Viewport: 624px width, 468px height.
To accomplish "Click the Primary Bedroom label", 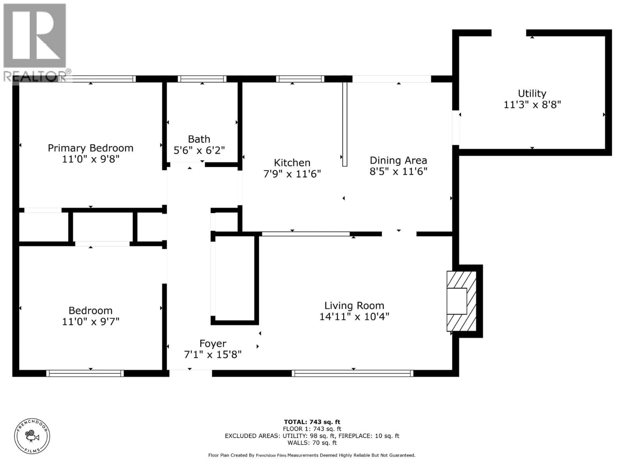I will (x=90, y=148).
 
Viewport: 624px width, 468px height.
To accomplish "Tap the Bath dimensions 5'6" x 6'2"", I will (x=199, y=150).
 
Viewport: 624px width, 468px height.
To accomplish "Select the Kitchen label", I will (x=292, y=163).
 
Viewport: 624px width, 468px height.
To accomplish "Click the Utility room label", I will (x=532, y=93).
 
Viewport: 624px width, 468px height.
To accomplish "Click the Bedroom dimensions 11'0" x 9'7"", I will (x=91, y=321).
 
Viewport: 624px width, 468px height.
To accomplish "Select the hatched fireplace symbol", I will (x=461, y=301).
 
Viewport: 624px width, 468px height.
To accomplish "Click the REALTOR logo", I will (x=35, y=42).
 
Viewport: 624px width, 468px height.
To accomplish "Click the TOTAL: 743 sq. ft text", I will (x=312, y=422).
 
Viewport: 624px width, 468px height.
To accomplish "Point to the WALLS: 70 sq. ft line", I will (x=312, y=443).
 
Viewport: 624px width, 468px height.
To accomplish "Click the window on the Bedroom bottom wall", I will (x=85, y=373).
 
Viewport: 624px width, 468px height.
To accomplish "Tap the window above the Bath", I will (x=202, y=79).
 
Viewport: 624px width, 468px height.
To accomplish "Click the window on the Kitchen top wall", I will (x=300, y=79).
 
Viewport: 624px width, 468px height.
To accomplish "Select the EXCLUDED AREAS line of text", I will (x=312, y=436).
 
